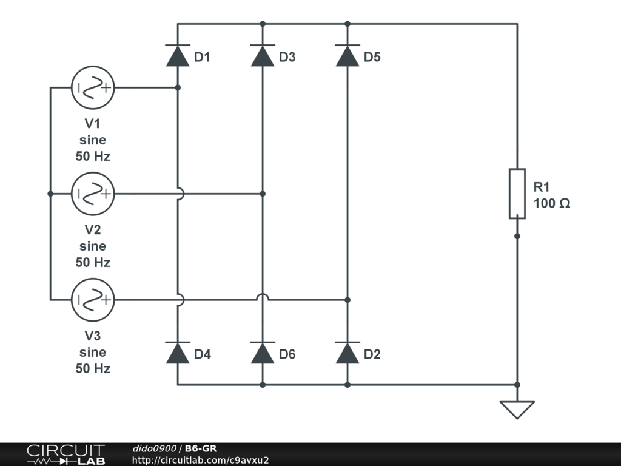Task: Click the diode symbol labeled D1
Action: (178, 56)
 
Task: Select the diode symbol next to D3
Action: (263, 56)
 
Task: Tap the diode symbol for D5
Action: (347, 56)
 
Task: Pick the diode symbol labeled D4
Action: (178, 353)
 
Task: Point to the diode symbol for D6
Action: (263, 353)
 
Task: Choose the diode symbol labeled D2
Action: (347, 353)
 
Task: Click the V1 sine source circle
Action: (93, 87)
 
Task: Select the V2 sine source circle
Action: (93, 194)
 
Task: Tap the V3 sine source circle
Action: (93, 300)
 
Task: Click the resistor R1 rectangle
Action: (517, 194)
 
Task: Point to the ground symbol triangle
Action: (517, 409)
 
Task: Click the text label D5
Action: (372, 58)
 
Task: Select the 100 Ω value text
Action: (552, 204)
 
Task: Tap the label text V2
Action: (93, 230)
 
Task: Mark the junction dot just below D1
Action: (178, 87)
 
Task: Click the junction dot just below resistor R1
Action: (517, 235)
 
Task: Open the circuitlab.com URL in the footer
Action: (200, 460)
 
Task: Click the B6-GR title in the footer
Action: (201, 448)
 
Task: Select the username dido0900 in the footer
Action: (154, 448)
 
